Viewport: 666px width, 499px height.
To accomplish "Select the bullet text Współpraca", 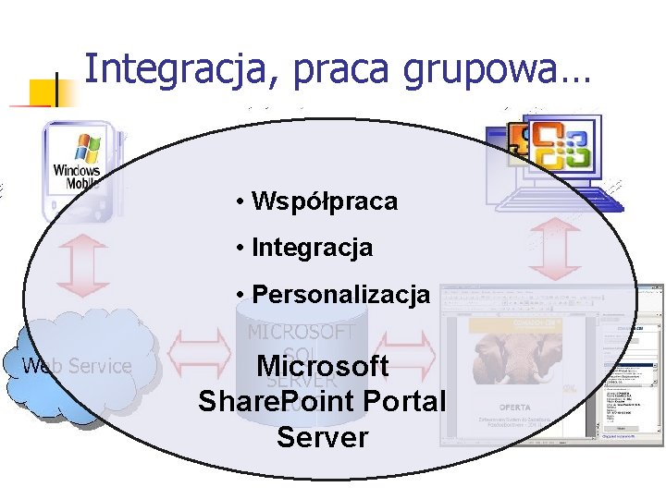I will [x=324, y=201].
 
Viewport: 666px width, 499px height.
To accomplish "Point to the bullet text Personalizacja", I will [x=340, y=295].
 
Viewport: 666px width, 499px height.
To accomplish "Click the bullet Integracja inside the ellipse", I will [x=312, y=248].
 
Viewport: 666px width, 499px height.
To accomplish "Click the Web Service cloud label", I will [x=77, y=367].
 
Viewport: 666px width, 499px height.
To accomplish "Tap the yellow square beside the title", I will [x=43, y=92].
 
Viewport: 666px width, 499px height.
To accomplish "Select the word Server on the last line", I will [x=322, y=437].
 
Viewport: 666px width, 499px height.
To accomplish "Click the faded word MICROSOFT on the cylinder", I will [x=302, y=331].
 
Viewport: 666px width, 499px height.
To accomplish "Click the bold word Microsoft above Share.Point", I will [x=322, y=367].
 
